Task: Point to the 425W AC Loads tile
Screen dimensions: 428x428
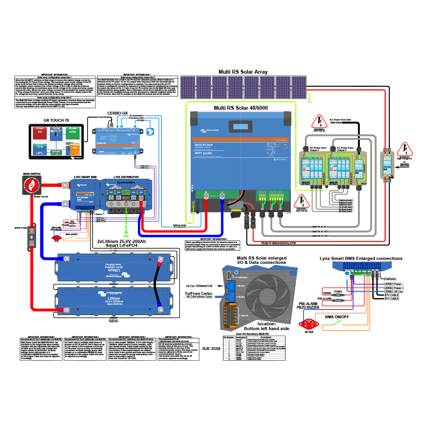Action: [72, 132]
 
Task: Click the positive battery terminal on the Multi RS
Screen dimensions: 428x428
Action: [206, 195]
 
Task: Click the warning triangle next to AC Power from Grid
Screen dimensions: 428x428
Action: [318, 121]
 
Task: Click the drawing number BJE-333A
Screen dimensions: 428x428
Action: [212, 349]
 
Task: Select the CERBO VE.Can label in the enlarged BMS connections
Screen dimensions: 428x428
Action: [394, 291]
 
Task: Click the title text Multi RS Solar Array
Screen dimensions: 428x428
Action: [243, 72]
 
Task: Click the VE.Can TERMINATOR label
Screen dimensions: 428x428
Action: [199, 285]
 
